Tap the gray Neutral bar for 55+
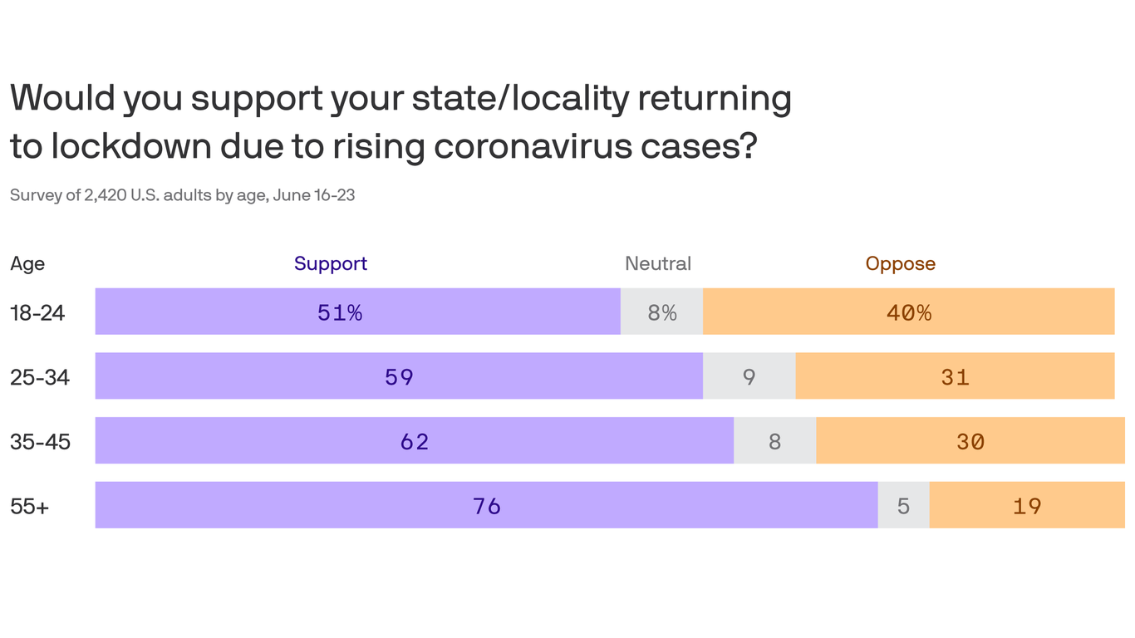903,505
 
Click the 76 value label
487,506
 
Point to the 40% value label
909,312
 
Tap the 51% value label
340,312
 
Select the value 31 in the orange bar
955,377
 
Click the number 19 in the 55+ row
1027,506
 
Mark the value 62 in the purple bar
415,441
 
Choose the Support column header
331,263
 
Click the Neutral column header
658,263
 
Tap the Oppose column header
901,263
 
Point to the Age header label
27,264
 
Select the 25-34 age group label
40,377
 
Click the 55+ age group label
30,506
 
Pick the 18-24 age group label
37,312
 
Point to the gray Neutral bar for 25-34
749,376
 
